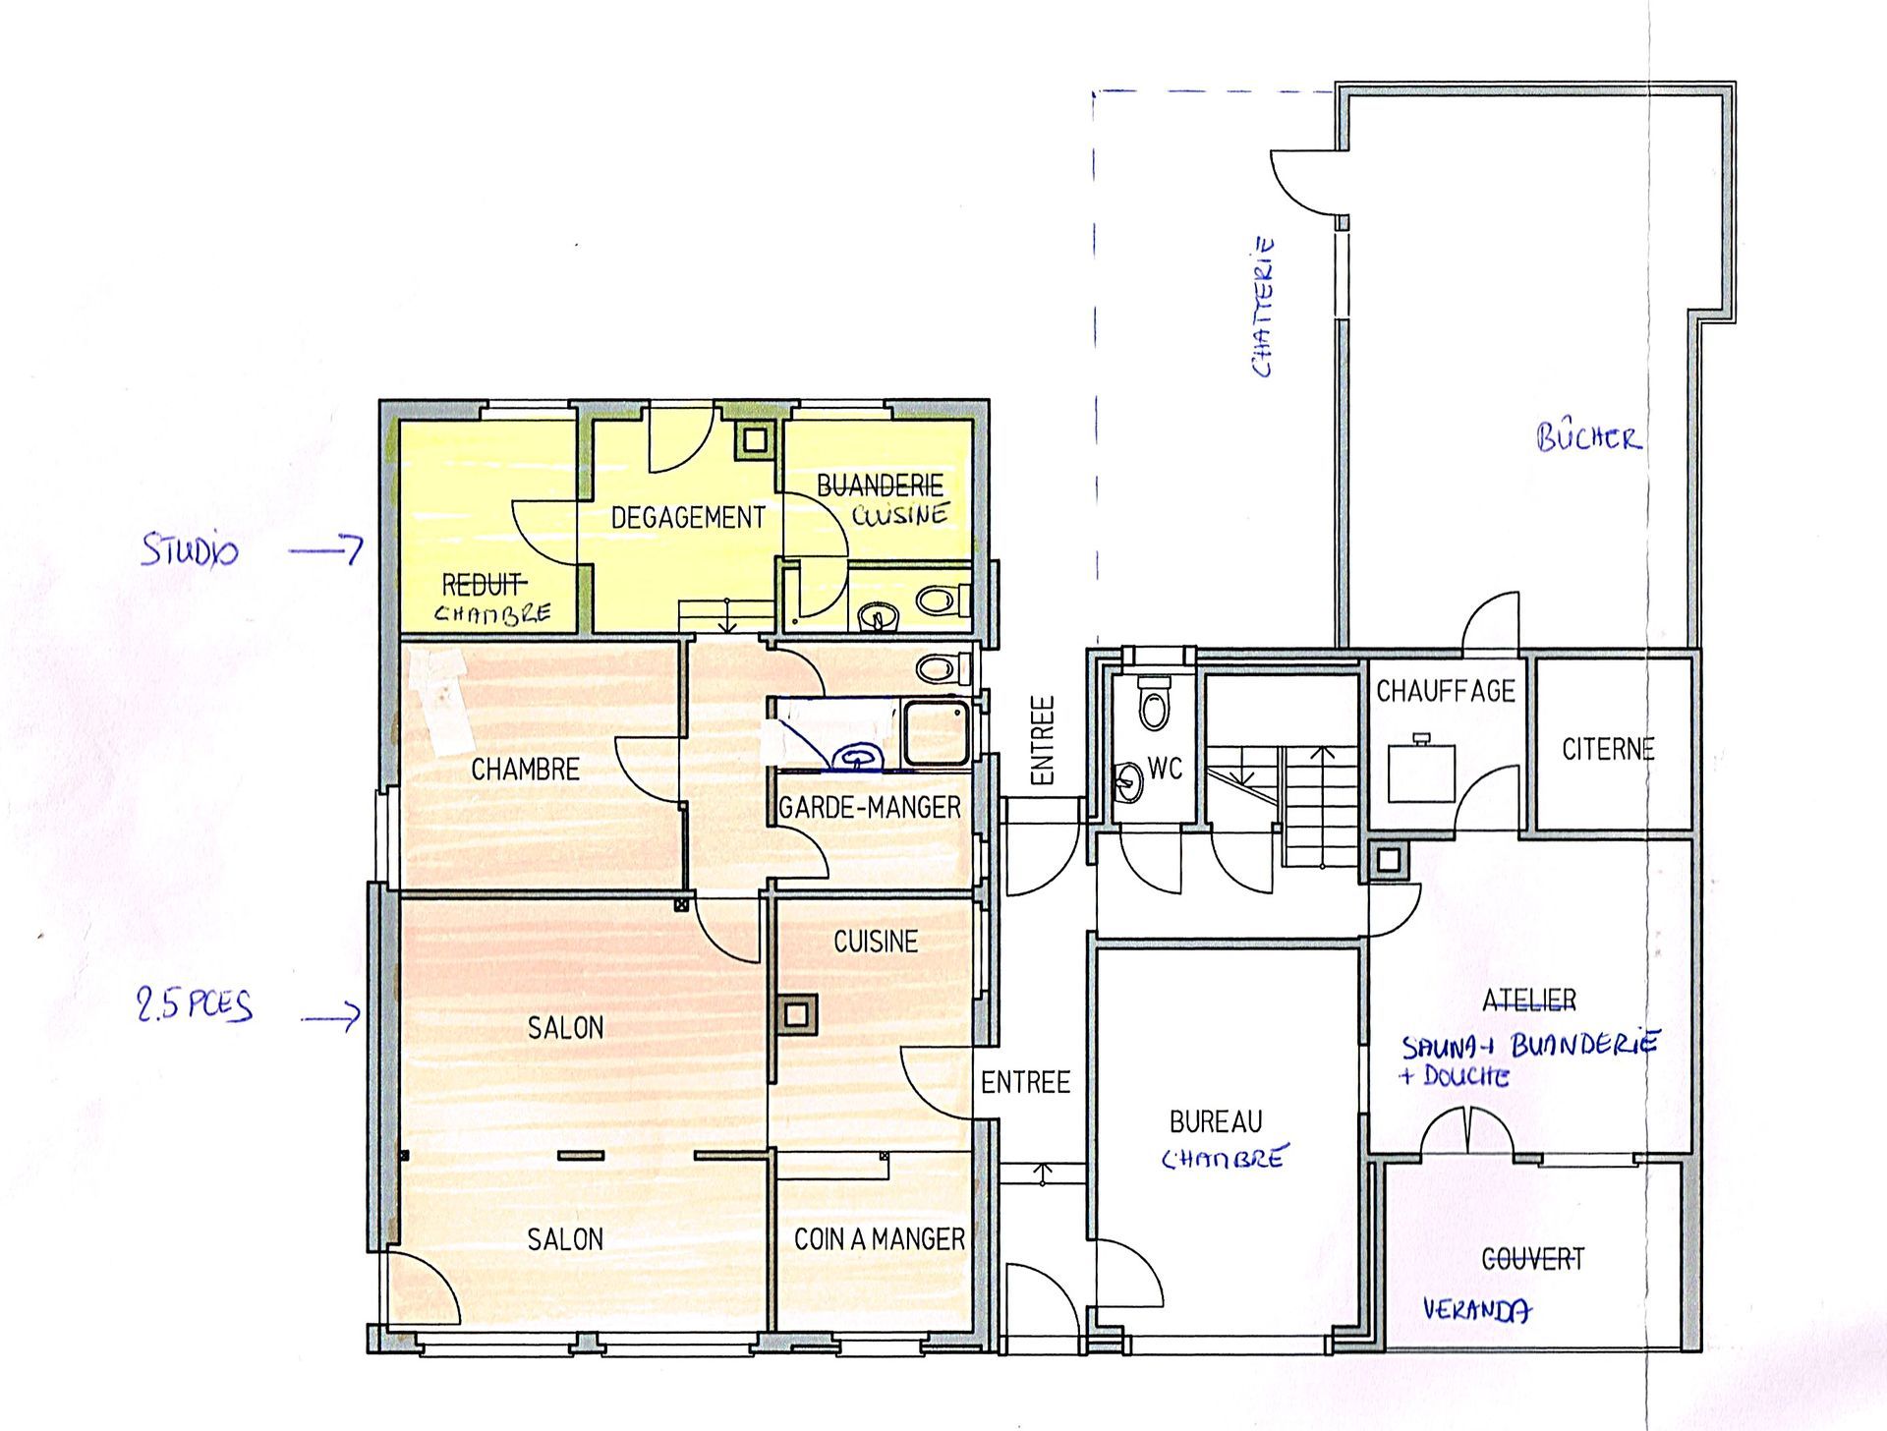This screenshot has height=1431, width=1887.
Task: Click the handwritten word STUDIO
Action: (190, 549)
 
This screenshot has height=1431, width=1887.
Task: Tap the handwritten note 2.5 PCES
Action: (195, 1004)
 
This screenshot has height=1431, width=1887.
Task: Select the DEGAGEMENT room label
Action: (687, 518)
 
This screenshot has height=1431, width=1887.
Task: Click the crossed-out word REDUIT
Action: (483, 586)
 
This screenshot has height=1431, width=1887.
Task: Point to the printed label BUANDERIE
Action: (880, 486)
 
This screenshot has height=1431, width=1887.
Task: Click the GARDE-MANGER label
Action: (870, 808)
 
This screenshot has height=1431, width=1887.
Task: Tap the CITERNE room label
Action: (1608, 750)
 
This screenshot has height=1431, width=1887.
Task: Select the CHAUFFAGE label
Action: (1445, 692)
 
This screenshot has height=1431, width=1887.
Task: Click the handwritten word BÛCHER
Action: (1588, 437)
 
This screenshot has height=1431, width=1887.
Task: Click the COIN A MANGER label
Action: (879, 1239)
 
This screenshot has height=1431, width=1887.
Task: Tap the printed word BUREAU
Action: (1216, 1121)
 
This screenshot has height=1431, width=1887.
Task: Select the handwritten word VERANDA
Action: (1476, 1309)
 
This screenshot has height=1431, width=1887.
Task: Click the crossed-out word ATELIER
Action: (1528, 1001)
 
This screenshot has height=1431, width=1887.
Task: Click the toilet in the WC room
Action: (1154, 704)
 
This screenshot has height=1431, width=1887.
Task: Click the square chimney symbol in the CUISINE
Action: (797, 1015)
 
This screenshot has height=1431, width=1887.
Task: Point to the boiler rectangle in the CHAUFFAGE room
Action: (1421, 773)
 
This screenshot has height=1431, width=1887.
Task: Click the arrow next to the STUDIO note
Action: (327, 549)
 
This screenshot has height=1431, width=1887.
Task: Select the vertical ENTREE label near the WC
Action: (1042, 740)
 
